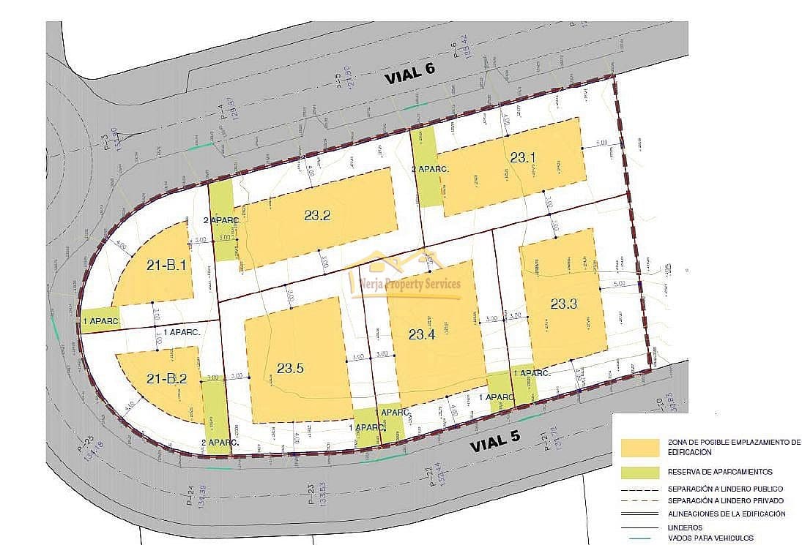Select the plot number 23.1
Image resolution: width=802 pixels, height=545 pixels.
[524, 157]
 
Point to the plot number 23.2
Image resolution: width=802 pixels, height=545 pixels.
[318, 215]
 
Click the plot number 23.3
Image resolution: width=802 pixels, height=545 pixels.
[563, 304]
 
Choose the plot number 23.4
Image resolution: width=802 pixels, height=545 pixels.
[422, 334]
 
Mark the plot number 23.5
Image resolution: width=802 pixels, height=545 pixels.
[291, 367]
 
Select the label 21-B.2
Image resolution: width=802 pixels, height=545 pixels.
[168, 378]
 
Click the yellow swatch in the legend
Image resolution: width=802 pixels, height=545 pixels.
[639, 447]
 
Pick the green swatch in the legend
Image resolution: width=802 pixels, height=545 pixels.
[639, 472]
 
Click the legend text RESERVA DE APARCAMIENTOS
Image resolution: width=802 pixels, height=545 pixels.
[720, 472]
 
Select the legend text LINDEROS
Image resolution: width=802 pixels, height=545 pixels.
[685, 527]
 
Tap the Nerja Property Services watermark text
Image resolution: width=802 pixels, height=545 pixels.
[406, 284]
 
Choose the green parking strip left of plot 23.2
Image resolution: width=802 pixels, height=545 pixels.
[223, 220]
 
